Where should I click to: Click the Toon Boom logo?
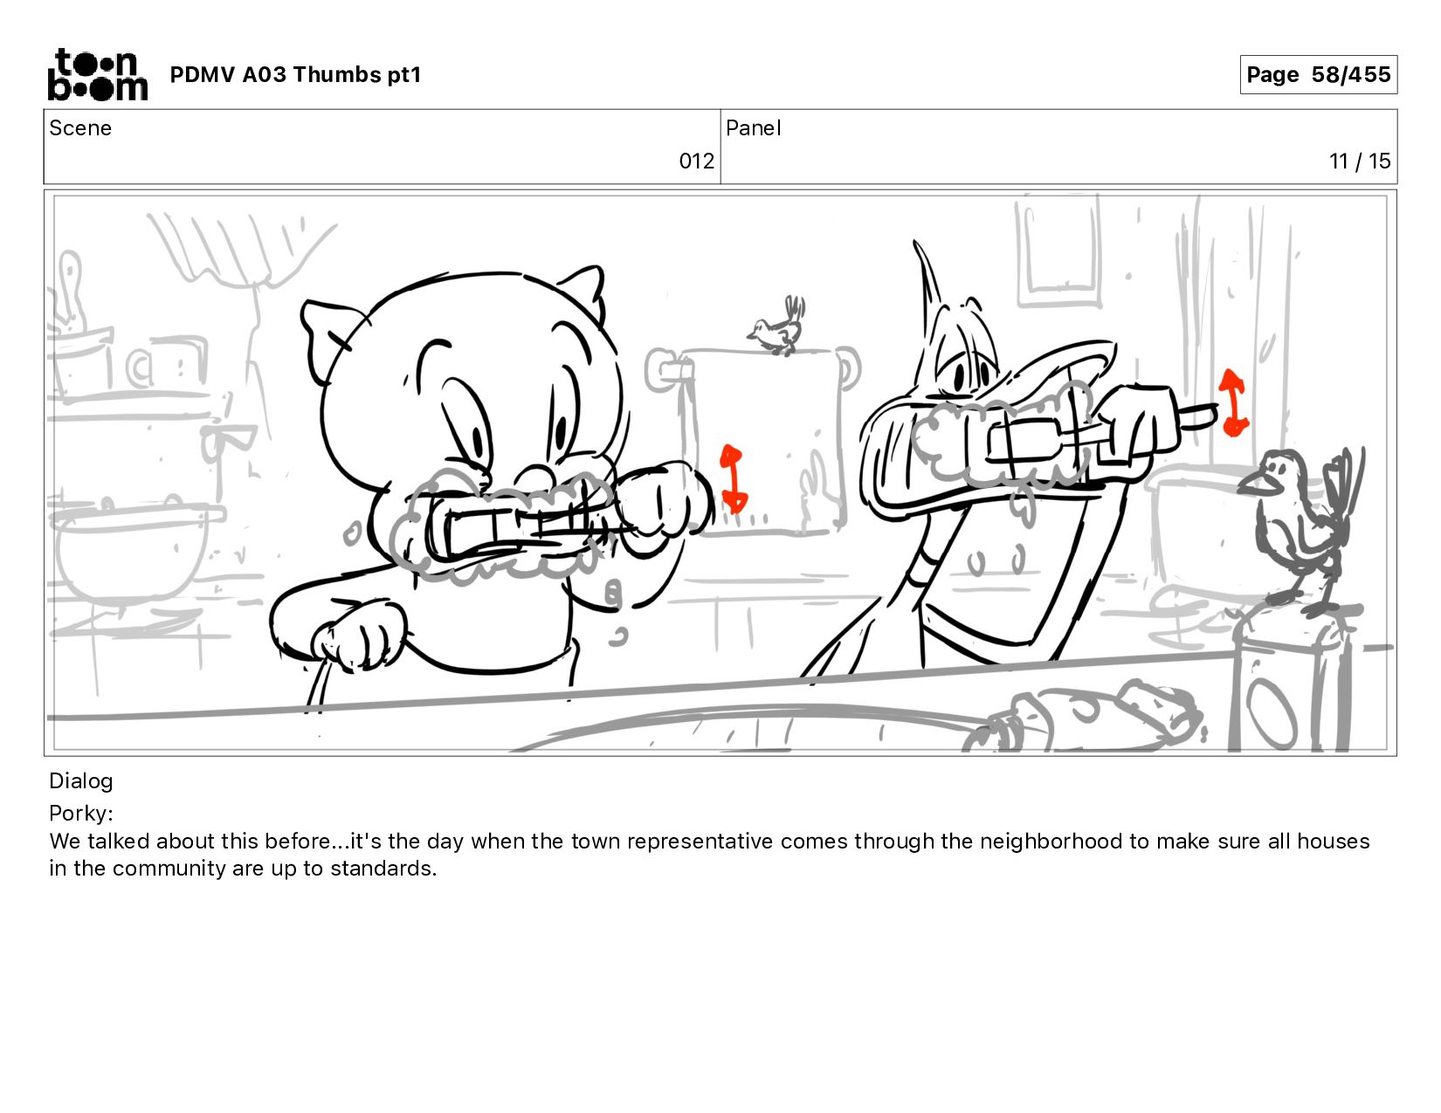98,74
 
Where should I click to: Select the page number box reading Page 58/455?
1319,74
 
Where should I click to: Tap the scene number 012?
696,161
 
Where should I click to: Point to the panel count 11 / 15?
1360,161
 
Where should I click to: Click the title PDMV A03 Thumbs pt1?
296,74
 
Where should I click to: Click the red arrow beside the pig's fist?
733,478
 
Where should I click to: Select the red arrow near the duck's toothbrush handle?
1233,402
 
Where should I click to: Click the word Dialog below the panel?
81,781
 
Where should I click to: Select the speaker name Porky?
81,813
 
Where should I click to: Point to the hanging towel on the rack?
762,441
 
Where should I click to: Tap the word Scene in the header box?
80,128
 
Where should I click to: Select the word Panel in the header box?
754,128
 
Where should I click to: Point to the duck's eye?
960,377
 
